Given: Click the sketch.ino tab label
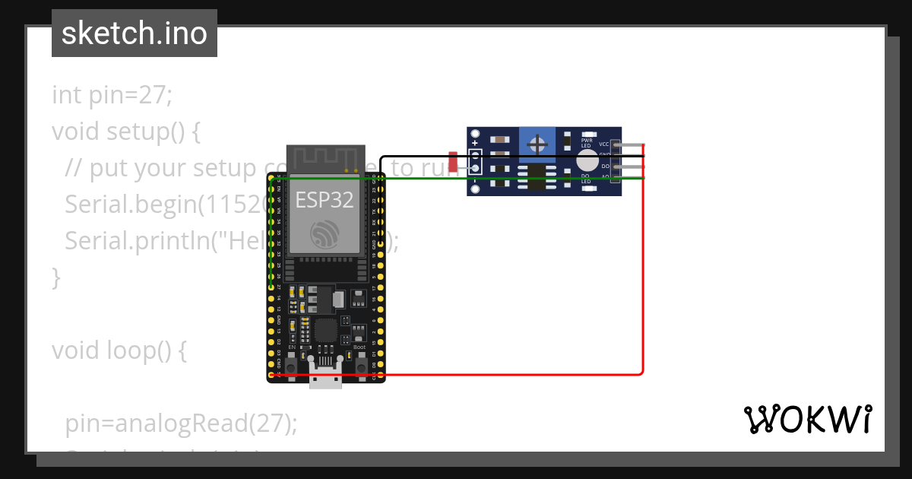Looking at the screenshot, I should (134, 33).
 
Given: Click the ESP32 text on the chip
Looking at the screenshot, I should (325, 200).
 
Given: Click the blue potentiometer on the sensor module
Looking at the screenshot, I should (538, 143).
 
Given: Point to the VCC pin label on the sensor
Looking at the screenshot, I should (604, 144).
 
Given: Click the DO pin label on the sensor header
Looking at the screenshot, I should (606, 166).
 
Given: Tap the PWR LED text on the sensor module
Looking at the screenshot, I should (586, 142).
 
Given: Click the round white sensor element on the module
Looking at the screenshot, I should (587, 160).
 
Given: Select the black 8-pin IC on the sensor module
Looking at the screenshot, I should (537, 176).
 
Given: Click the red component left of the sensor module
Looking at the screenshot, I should (453, 162).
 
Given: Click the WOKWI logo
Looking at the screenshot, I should (807, 419).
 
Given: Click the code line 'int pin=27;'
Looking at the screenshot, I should (112, 95).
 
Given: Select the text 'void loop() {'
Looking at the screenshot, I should (119, 351).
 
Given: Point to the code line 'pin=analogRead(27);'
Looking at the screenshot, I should (181, 423).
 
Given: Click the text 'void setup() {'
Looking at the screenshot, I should (126, 132).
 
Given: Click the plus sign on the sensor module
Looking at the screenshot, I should (475, 143).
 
